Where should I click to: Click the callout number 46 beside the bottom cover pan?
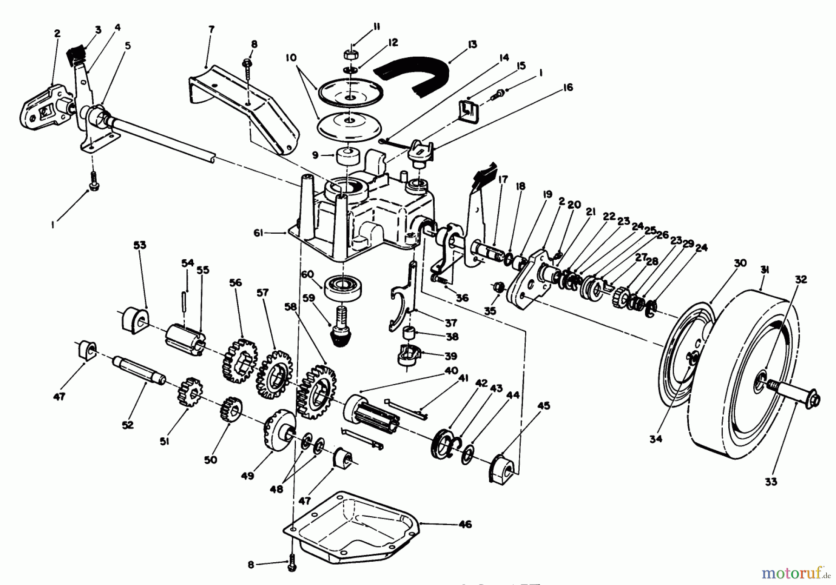tap(465, 524)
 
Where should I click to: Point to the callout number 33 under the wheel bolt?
tap(771, 482)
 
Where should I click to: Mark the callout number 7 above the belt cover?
tap(211, 29)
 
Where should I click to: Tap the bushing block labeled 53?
tap(134, 318)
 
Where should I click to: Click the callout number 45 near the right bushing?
tap(543, 406)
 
